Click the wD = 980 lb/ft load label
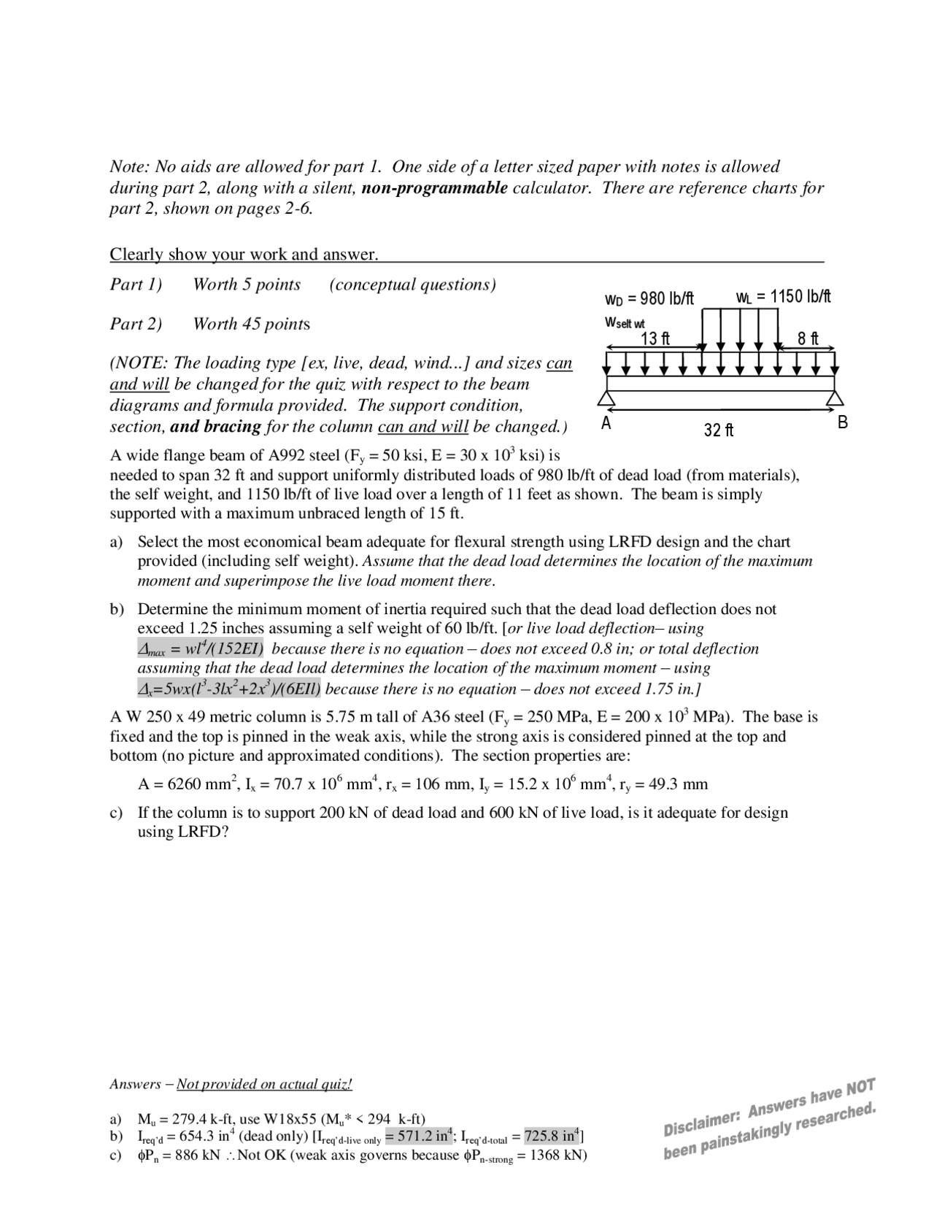(649, 299)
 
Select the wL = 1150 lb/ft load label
(783, 297)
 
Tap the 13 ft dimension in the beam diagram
(655, 338)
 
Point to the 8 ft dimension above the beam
(808, 338)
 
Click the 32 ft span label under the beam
(719, 430)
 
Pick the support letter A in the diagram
(605, 423)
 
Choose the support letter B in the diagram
(843, 422)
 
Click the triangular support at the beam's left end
(606, 398)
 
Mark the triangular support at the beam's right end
(835, 398)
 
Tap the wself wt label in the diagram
(625, 322)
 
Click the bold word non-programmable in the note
(434, 188)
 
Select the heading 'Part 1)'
(136, 284)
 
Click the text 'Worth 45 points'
(251, 324)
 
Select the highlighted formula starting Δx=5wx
(229, 689)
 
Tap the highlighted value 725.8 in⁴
(552, 1136)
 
